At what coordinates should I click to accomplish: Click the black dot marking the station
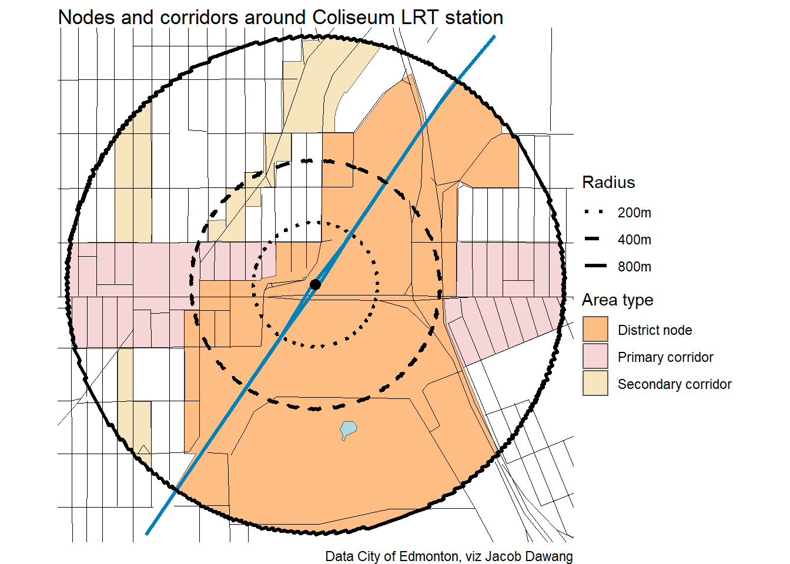click(x=315, y=284)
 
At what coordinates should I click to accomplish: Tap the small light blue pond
click(x=349, y=429)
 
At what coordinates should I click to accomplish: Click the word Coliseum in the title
click(x=353, y=18)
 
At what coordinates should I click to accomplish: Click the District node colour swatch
click(x=595, y=330)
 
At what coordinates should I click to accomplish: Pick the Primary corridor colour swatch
click(x=595, y=357)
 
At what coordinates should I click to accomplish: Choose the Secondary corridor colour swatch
click(x=595, y=384)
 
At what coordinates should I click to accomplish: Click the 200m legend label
click(x=634, y=213)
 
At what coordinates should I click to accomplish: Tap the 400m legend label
click(x=634, y=240)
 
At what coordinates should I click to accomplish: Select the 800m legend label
click(x=634, y=267)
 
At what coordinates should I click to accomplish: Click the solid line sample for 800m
click(x=595, y=266)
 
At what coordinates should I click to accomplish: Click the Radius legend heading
click(x=608, y=182)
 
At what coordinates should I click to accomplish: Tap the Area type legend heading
click(x=617, y=300)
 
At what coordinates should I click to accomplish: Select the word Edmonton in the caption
click(x=424, y=556)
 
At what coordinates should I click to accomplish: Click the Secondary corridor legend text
click(x=674, y=384)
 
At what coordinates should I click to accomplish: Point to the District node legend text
click(x=655, y=330)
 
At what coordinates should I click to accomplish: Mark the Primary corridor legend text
click(x=665, y=357)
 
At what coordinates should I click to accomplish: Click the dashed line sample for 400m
click(x=592, y=239)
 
